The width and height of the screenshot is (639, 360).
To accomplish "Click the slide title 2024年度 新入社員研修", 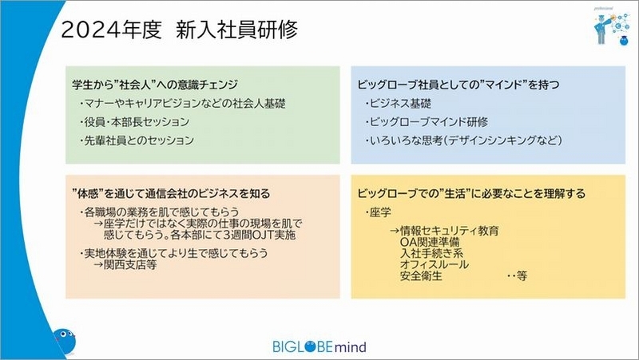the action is coord(179,30).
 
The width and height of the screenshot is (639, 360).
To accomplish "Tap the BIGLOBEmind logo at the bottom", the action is coord(319,346).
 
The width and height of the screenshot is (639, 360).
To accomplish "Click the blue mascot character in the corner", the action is coord(65,341).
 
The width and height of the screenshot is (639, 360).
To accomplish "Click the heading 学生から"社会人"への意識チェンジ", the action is coord(155,85).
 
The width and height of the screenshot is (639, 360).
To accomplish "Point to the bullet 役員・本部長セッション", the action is coord(134,122).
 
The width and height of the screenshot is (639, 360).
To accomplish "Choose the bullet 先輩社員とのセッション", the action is coord(137,140).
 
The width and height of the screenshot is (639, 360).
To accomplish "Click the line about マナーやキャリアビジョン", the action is coord(182,104).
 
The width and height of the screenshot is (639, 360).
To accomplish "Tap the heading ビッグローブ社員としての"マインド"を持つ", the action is coord(458,85).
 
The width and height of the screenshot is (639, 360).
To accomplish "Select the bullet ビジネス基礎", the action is coord(398,104).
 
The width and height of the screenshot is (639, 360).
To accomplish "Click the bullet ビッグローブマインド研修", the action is coord(427,122).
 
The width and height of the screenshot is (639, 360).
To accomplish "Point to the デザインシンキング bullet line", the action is coord(463,140).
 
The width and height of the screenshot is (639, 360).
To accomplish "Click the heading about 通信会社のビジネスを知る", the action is coord(171,193).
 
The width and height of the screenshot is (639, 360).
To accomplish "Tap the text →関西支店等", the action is coord(125,265).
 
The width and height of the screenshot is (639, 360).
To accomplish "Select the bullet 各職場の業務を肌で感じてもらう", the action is coord(159,212).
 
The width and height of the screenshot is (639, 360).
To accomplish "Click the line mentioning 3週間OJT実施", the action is coord(200,235).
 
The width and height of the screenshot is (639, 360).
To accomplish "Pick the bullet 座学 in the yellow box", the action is coord(378,212).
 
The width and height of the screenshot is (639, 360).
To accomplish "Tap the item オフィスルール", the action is coord(435,265).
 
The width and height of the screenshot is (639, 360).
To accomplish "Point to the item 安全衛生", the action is coord(422,276).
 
